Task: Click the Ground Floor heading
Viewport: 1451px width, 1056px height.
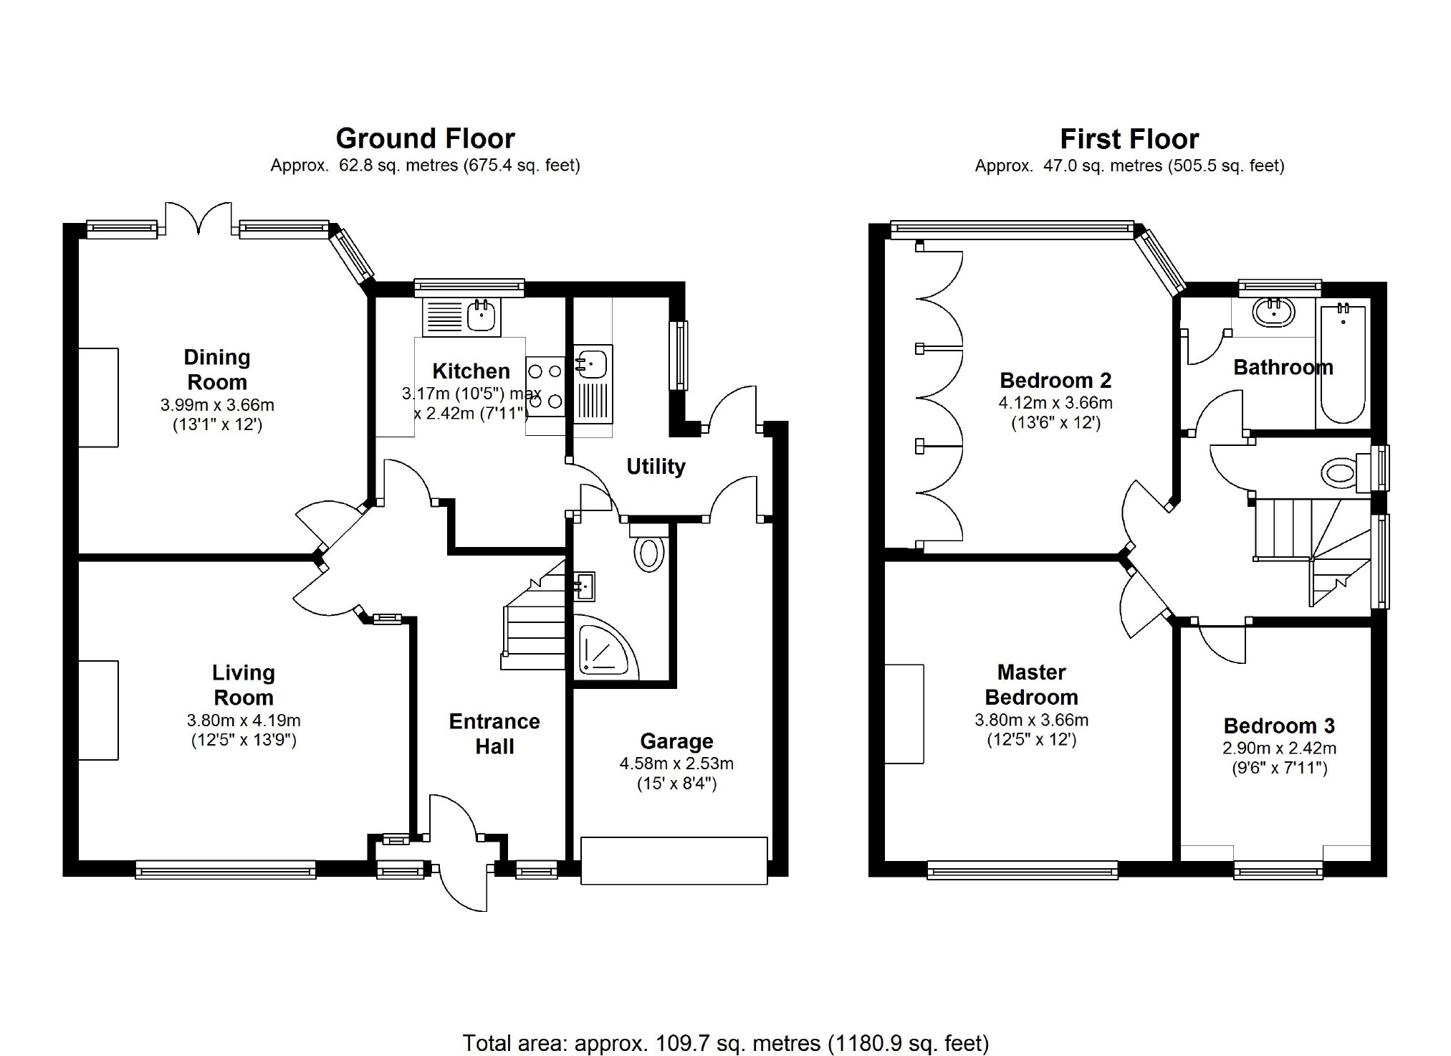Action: [425, 138]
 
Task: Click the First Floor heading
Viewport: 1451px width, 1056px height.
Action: [1129, 138]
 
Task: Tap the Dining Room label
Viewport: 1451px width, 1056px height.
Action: [216, 369]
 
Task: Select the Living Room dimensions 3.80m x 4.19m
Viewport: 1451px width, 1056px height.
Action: [244, 720]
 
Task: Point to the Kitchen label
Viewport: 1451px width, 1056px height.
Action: [471, 371]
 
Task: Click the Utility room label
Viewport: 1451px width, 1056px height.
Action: [656, 467]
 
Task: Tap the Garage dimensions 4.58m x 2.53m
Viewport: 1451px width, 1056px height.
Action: [676, 764]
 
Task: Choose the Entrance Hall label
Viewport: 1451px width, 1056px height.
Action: [494, 733]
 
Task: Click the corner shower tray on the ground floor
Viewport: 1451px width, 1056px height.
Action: [606, 647]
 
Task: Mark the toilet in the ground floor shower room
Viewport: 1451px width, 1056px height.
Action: [648, 549]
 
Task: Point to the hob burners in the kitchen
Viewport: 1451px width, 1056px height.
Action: [545, 386]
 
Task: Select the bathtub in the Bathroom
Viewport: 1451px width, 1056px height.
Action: [1343, 363]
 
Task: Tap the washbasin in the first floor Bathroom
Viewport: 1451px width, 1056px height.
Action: [1273, 313]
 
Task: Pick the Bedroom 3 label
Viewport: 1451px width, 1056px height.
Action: [1279, 726]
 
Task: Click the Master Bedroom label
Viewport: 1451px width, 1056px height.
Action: [1031, 685]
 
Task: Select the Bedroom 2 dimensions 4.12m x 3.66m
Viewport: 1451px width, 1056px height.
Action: [1055, 403]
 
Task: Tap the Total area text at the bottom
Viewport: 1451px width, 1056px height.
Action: [725, 1042]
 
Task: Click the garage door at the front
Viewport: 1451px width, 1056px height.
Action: [674, 860]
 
